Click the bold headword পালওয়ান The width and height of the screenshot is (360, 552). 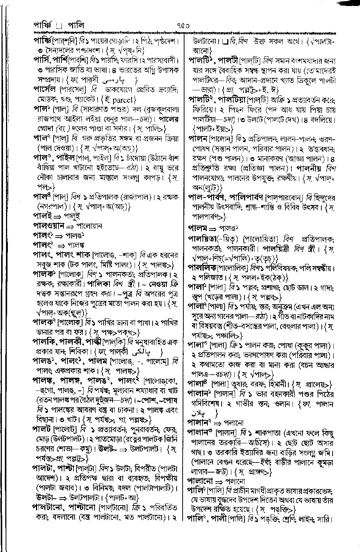tap(49, 226)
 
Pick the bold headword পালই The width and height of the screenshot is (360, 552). tap(43, 217)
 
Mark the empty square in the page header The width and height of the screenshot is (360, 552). tap(58, 26)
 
